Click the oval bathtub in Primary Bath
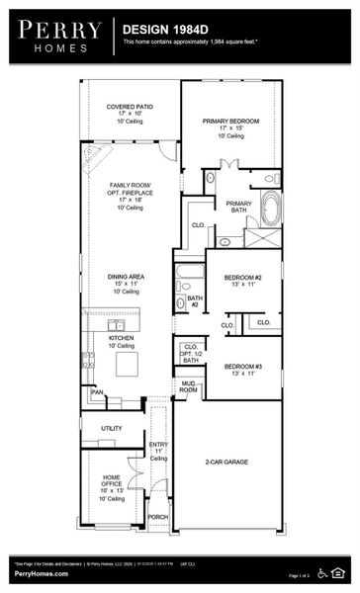pyautogui.click(x=270, y=208)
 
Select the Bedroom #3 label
pyautogui.click(x=242, y=366)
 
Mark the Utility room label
pyautogui.click(x=112, y=428)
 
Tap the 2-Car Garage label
pyautogui.click(x=227, y=462)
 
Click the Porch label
pyautogui.click(x=157, y=516)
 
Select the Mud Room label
pyautogui.click(x=188, y=387)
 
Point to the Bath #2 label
pyautogui.click(x=195, y=301)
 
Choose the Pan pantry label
pyautogui.click(x=97, y=392)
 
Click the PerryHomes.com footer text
pyautogui.click(x=39, y=572)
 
